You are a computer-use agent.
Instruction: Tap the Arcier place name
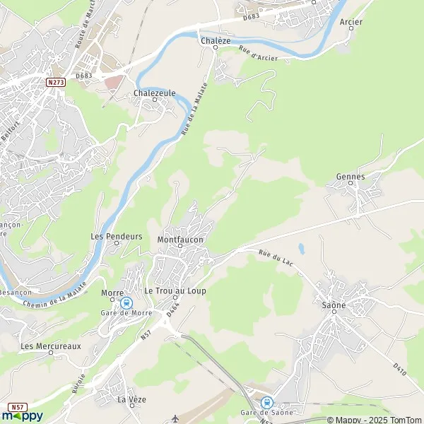[351, 22]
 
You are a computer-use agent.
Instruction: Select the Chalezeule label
[153, 93]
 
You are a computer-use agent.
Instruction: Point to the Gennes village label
[351, 177]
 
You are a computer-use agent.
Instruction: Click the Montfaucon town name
[180, 240]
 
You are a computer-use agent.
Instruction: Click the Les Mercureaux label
[51, 346]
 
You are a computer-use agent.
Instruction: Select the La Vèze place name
[131, 399]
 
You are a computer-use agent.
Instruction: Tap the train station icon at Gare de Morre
[126, 302]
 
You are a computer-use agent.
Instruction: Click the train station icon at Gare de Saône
[266, 402]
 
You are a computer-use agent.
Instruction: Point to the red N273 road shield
[56, 83]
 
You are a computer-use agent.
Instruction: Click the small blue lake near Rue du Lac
[301, 248]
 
